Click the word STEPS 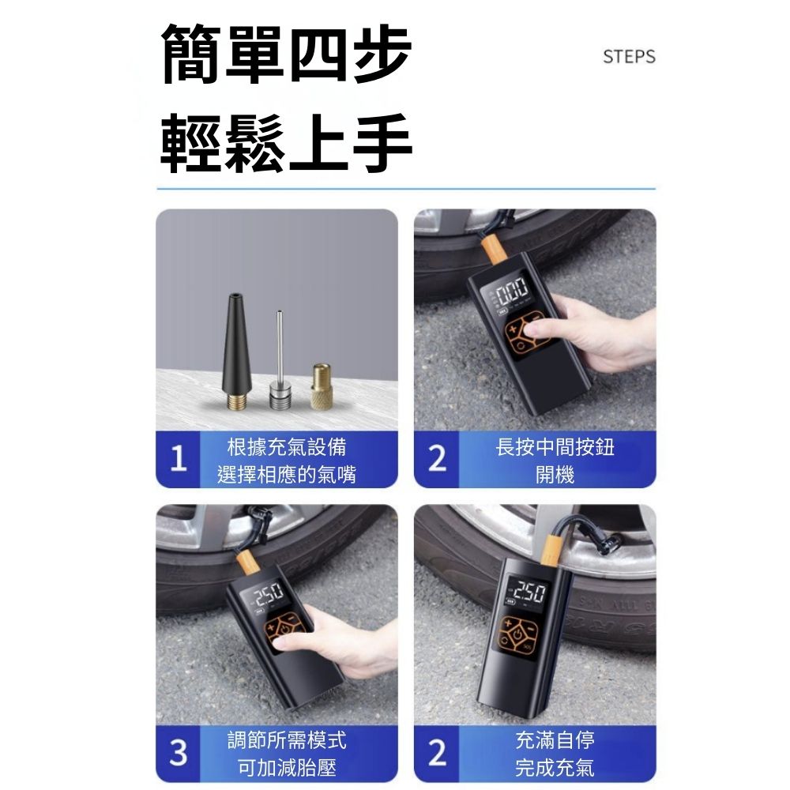[x=629, y=56]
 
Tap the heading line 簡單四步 [x=286, y=55]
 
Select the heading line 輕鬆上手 [x=286, y=143]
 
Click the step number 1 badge [x=179, y=460]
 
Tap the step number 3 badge [x=179, y=753]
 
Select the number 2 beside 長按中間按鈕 [x=437, y=460]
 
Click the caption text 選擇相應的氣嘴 [x=287, y=475]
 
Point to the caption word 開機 [x=555, y=475]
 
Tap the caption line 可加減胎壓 [x=287, y=768]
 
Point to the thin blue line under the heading [x=406, y=189]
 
